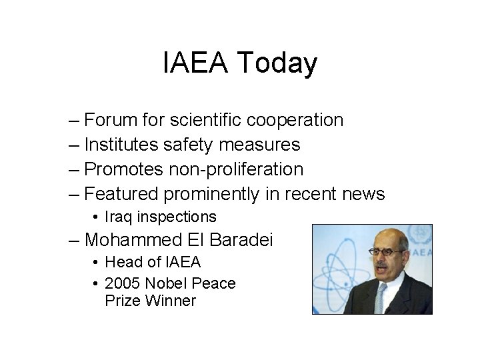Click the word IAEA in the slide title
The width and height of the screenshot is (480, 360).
pyautogui.click(x=197, y=64)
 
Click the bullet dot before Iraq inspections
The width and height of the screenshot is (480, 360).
pyautogui.click(x=97, y=217)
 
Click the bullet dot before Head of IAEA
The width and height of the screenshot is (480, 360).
pyautogui.click(x=97, y=262)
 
